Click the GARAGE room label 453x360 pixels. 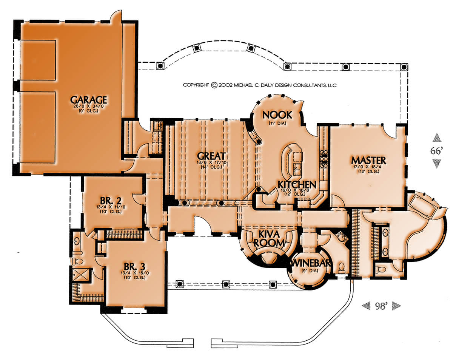(x=88, y=100)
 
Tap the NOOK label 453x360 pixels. (x=277, y=115)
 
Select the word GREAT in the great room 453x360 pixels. (x=211, y=156)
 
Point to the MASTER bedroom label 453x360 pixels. (x=368, y=161)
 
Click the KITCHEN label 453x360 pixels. (x=297, y=184)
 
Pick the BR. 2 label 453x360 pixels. (x=111, y=201)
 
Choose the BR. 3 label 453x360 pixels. (x=134, y=267)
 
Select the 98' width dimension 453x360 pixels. (x=381, y=306)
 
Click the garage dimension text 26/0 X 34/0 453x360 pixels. (x=88, y=107)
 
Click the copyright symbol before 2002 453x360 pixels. (x=214, y=85)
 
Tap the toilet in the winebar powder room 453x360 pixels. (x=341, y=267)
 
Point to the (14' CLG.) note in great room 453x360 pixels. (x=211, y=167)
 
